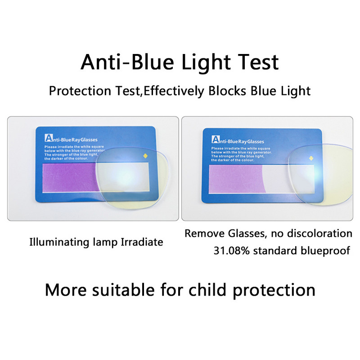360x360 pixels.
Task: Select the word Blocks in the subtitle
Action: tap(229, 91)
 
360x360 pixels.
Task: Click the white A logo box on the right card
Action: tap(215, 138)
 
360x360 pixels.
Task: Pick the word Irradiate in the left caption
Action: tap(142, 242)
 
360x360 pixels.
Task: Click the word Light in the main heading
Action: tap(206, 62)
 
